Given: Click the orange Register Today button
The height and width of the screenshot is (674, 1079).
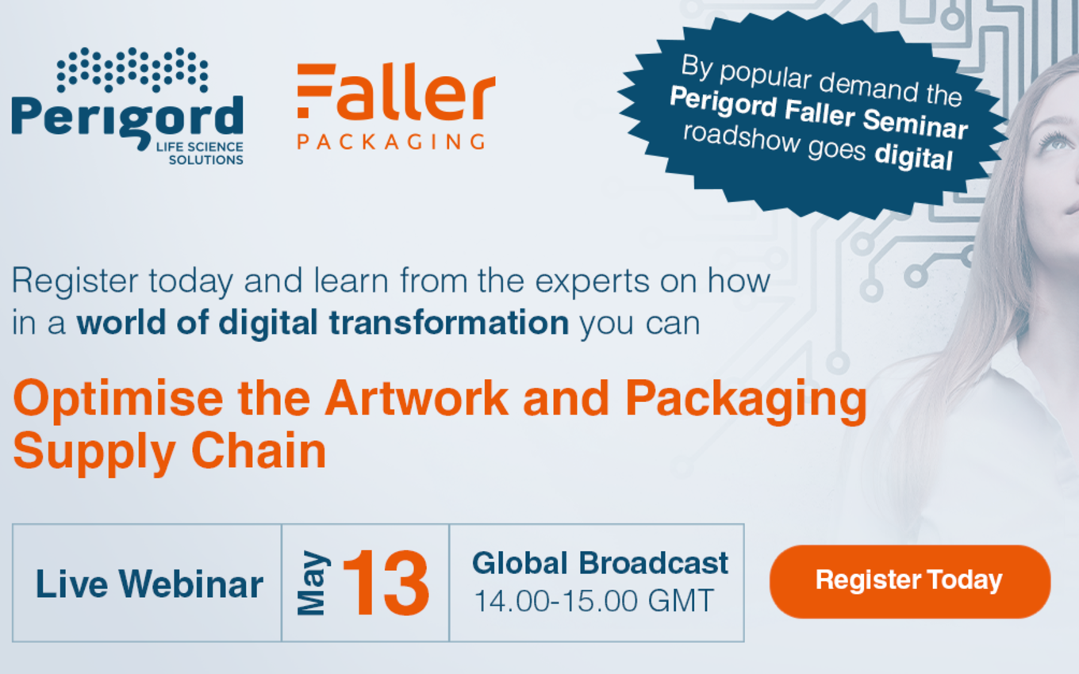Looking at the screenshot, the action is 910,581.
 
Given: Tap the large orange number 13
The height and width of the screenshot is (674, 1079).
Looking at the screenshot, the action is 386,583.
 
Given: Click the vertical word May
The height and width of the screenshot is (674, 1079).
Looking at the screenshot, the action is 313,583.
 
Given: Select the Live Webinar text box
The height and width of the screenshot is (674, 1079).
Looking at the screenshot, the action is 147,583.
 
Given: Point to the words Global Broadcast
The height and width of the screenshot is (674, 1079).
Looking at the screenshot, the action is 600,563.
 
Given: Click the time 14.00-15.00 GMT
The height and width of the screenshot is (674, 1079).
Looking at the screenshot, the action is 594,601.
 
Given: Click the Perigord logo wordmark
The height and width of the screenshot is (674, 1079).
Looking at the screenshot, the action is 127,119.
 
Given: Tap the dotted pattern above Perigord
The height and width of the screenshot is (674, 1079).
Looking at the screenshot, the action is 132,70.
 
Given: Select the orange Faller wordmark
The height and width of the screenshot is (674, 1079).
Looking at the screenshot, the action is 396,91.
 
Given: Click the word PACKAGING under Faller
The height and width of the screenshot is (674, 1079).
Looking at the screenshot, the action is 391,141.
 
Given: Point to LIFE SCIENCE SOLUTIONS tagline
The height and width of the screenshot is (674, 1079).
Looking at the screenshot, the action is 200,154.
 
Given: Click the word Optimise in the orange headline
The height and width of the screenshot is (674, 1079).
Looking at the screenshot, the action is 118,400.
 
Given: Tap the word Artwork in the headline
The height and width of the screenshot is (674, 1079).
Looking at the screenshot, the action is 417,398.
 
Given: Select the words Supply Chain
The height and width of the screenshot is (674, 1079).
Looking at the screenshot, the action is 170,452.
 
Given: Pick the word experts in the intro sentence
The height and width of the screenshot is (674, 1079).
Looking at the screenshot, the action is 592,281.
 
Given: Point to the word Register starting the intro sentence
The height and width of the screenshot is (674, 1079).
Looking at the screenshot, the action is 75,281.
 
